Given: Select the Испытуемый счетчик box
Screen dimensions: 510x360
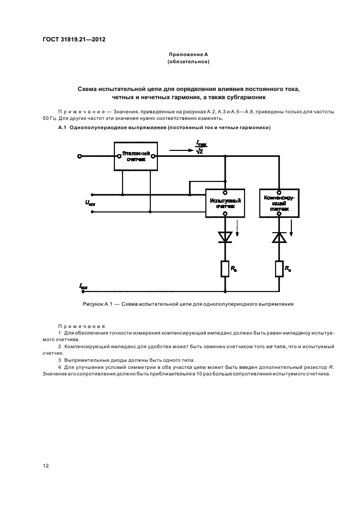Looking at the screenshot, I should [224, 203].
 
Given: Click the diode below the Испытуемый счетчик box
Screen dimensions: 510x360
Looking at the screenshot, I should [224, 236].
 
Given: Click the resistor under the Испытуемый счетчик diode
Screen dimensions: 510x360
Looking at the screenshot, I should [224, 268].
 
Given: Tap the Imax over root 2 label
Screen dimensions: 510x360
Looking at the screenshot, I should [199, 148].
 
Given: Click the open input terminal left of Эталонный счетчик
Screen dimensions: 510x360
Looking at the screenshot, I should [80, 156].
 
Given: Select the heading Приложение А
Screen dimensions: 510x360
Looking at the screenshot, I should [188, 55].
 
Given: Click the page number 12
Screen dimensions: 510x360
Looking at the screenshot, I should [45, 465].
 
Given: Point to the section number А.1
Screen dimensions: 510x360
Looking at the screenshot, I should [62, 128].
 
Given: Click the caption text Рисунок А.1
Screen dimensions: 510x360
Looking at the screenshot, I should [96, 305].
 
